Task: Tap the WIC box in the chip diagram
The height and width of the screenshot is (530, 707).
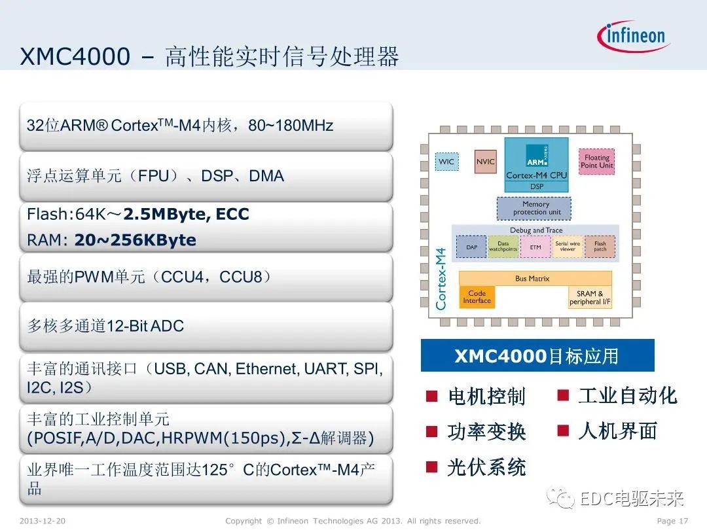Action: point(446,162)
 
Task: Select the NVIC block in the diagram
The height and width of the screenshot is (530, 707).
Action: point(485,162)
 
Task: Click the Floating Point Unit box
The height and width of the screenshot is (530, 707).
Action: point(596,161)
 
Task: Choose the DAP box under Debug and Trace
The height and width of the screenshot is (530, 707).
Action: point(471,247)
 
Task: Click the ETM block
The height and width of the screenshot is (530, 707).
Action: point(535,247)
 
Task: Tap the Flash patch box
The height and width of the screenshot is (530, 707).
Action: point(600,246)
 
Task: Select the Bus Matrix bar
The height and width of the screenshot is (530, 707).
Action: point(534,279)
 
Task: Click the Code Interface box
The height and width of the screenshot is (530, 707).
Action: point(477,298)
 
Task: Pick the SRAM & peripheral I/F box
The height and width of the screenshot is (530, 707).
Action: point(590,298)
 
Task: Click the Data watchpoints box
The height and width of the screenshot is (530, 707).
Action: point(503,246)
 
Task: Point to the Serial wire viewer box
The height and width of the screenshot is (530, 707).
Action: point(568,246)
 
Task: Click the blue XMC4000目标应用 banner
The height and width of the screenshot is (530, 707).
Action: point(537,356)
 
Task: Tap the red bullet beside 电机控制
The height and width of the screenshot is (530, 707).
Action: point(431,396)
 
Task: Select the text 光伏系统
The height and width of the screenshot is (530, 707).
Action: point(486,467)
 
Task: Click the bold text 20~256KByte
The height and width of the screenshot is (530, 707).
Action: point(135,240)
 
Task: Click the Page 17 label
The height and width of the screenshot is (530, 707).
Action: point(672,521)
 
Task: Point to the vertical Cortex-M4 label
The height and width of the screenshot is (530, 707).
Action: point(441,277)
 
